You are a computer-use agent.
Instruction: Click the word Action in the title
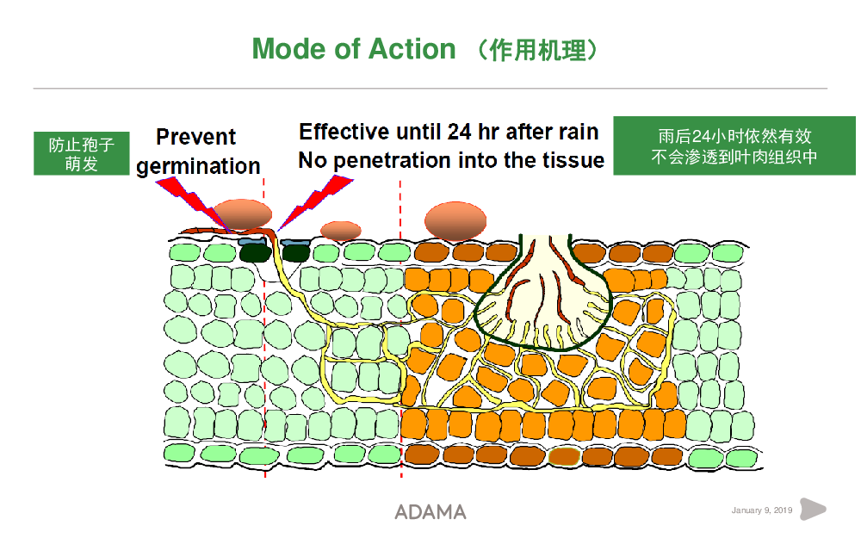point(412,49)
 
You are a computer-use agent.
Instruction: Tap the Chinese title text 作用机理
point(538,50)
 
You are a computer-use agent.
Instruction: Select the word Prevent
point(196,137)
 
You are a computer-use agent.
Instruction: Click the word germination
point(198,166)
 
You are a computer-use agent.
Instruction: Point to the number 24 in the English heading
point(460,132)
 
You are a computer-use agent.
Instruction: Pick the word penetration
point(393,160)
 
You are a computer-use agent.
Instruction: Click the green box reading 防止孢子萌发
point(81,154)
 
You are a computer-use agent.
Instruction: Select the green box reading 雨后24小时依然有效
point(734,146)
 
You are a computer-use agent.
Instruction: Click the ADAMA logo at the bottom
point(430,511)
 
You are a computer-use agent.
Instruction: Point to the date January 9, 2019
point(762,510)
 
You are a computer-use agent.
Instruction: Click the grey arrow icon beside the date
point(813,509)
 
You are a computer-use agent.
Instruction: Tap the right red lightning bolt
point(314,201)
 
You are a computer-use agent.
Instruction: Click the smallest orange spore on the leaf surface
point(340,231)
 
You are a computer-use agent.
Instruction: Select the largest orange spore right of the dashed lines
point(455,220)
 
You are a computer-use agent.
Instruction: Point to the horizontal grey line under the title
point(430,88)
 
